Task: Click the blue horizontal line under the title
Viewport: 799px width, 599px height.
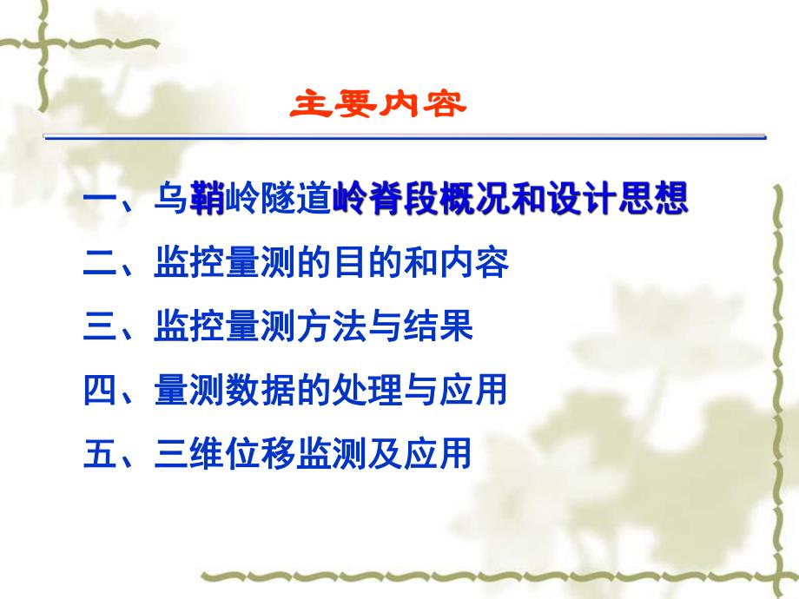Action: point(405,136)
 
